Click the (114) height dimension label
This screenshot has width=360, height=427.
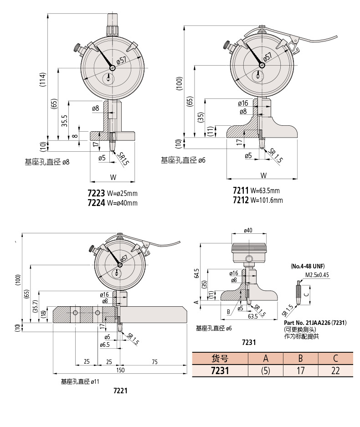[42, 80]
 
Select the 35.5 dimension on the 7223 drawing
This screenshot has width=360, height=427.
[64, 121]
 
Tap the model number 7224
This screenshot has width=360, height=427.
[96, 203]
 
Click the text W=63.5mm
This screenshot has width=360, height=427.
[265, 190]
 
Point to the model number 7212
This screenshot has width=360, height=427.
[240, 200]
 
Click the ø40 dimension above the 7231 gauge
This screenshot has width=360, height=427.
[248, 231]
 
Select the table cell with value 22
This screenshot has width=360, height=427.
[335, 370]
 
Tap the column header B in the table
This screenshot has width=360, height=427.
[300, 358]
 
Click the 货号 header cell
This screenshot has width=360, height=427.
[220, 358]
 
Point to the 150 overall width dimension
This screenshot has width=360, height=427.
[120, 370]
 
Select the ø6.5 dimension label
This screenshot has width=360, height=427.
[105, 345]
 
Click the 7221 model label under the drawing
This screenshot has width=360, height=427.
[120, 391]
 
